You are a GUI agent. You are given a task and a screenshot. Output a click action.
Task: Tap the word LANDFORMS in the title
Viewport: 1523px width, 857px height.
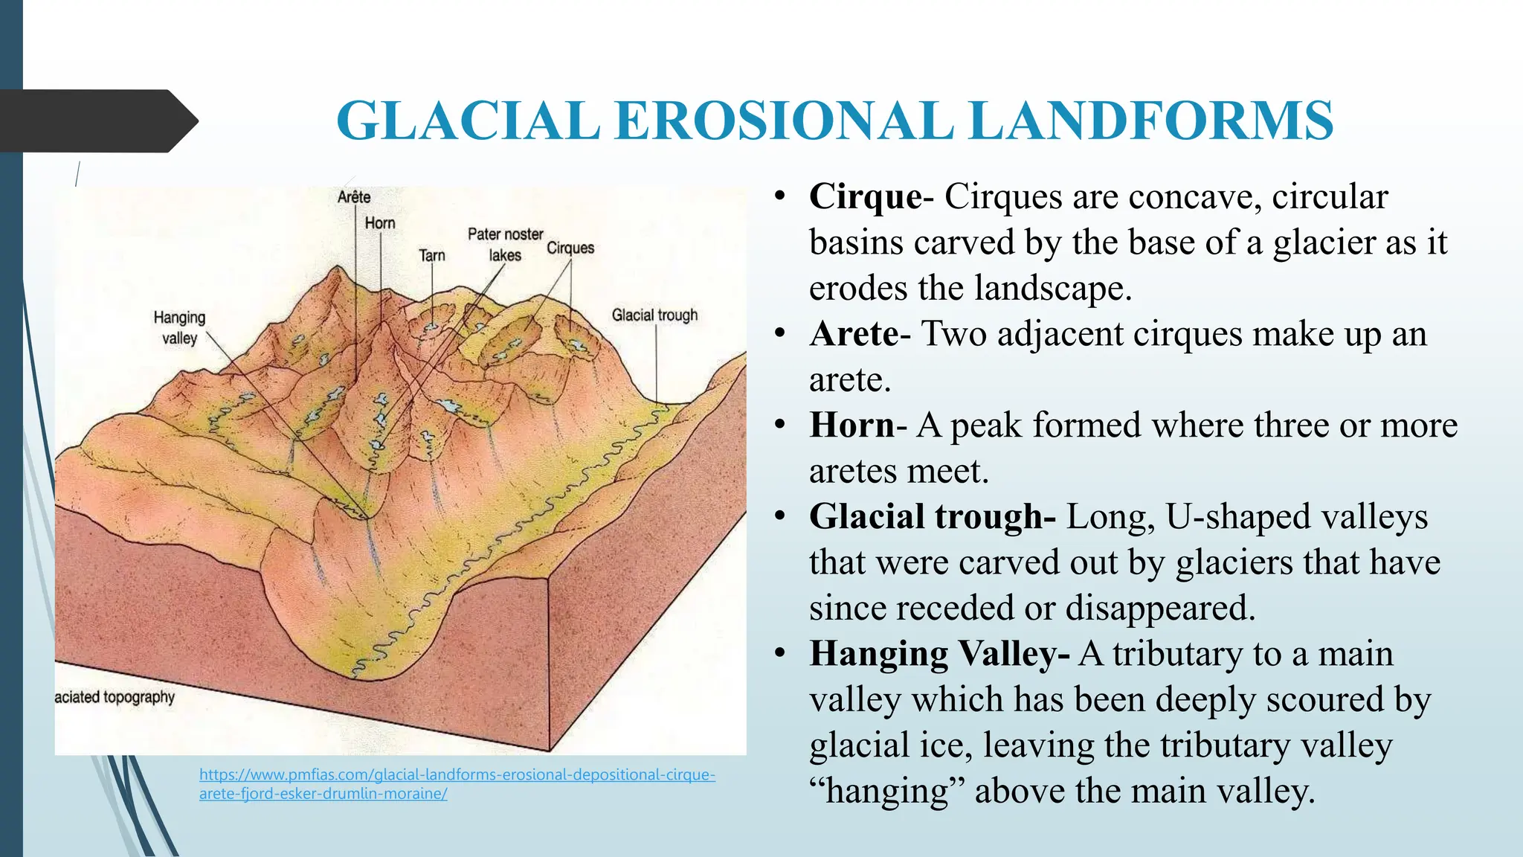click(x=1151, y=121)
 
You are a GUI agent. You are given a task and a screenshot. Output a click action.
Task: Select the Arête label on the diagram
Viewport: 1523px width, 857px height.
click(x=354, y=197)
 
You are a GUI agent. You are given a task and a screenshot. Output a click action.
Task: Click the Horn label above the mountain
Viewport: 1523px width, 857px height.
click(x=380, y=223)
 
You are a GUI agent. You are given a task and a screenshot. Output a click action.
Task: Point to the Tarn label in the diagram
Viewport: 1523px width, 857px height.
click(x=432, y=256)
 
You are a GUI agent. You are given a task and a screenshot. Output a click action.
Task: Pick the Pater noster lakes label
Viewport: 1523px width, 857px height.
click(x=506, y=245)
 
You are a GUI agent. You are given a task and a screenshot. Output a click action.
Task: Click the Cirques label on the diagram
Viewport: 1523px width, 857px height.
click(x=570, y=248)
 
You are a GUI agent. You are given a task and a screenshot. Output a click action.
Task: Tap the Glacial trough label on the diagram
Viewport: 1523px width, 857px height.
click(x=654, y=315)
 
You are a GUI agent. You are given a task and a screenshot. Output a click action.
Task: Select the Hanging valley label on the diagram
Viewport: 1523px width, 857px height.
click(x=179, y=327)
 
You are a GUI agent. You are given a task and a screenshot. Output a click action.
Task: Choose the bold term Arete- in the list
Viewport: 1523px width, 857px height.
click(x=860, y=334)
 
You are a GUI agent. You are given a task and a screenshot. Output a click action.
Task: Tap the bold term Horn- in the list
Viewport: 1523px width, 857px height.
click(x=857, y=426)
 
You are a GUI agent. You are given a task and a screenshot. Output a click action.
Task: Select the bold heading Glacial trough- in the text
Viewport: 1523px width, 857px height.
click(x=932, y=517)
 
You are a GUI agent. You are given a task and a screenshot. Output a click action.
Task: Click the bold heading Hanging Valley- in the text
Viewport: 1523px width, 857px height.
click(x=939, y=654)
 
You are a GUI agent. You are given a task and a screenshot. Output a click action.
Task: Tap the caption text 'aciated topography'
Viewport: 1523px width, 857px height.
click(x=115, y=697)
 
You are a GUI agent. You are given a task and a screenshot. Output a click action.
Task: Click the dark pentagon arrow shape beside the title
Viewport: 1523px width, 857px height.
click(x=97, y=121)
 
